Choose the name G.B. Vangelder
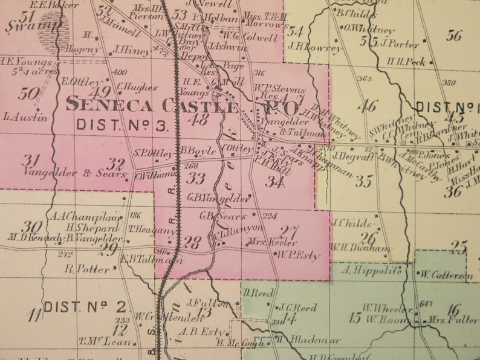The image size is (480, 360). tap(210, 198)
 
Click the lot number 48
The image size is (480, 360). tap(198, 119)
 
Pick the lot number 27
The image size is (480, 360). tap(293, 230)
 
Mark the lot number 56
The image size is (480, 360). tap(454, 35)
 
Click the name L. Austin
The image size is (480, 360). tap(25, 117)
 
